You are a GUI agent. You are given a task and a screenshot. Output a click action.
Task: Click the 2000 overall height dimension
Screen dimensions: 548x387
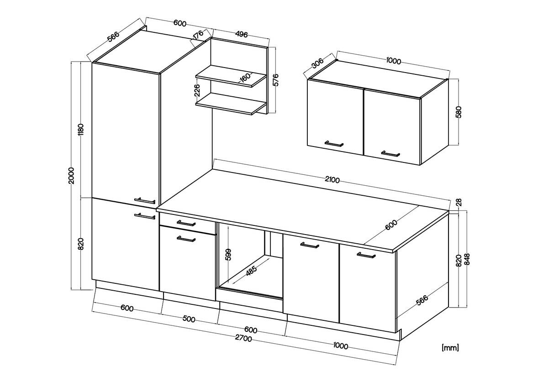click(71, 175)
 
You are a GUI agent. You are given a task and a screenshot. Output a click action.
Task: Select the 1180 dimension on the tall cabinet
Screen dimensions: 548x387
click(81, 129)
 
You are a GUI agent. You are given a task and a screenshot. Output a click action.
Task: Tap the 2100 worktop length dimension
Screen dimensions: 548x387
click(332, 180)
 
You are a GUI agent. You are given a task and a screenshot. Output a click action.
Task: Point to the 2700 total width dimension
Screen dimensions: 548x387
click(243, 338)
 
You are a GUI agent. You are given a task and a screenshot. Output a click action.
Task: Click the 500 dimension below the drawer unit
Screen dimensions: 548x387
click(189, 319)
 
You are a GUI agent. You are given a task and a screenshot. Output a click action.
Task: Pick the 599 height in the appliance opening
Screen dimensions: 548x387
click(228, 255)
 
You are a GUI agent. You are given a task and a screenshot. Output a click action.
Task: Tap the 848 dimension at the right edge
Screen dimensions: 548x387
click(467, 259)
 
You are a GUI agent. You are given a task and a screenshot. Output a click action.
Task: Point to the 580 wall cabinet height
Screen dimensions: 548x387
click(459, 112)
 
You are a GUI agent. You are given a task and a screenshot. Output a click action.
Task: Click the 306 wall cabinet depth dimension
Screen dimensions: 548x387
click(318, 63)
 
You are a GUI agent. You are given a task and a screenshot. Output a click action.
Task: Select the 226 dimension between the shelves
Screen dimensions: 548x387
click(197, 90)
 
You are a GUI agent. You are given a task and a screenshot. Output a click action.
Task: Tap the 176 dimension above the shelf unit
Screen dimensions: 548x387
click(198, 34)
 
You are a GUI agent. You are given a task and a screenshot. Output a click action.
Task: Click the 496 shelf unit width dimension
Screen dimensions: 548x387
click(241, 35)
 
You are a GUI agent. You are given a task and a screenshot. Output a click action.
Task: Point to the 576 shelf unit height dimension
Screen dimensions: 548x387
click(275, 79)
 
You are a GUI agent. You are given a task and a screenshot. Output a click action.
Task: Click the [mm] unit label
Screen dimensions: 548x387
click(450, 348)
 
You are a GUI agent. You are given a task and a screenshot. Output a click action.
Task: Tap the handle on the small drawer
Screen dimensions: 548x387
click(186, 223)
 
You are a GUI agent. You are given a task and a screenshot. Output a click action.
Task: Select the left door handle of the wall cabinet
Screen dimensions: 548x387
click(334, 144)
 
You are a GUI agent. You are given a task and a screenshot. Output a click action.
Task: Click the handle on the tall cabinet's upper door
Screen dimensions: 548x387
click(145, 200)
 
